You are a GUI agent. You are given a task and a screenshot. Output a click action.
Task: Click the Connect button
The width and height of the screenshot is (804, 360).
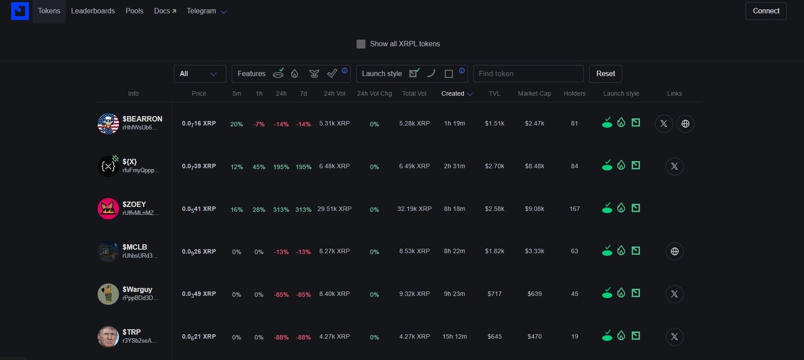[x=765, y=11]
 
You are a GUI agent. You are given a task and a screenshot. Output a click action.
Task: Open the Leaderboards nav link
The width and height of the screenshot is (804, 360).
[x=93, y=11]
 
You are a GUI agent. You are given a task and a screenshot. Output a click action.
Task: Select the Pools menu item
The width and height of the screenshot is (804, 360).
[x=134, y=11]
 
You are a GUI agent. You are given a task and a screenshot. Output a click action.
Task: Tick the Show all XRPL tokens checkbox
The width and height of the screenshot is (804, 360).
[x=361, y=44]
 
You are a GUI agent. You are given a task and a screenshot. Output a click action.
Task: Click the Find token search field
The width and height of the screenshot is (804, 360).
[x=528, y=74]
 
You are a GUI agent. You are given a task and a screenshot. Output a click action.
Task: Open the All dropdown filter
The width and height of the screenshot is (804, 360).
[x=200, y=74]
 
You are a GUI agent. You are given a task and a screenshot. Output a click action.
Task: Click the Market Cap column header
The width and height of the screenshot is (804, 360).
[x=534, y=94]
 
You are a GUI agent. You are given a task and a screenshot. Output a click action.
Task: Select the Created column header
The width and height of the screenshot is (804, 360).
[x=453, y=94]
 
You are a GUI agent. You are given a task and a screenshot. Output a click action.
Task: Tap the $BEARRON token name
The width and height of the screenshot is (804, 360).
[x=142, y=119]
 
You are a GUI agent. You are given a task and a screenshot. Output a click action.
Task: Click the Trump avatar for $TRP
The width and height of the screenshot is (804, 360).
[x=108, y=336]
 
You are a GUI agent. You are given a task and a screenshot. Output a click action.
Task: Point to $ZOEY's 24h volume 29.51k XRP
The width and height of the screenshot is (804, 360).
[x=334, y=209]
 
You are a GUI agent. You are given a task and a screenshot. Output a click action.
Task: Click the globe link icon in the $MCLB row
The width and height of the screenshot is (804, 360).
[x=675, y=252]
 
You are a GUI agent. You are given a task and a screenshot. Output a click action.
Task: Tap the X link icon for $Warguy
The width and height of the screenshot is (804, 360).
[x=675, y=294]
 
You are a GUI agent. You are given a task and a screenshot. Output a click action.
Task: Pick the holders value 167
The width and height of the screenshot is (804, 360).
[x=574, y=209]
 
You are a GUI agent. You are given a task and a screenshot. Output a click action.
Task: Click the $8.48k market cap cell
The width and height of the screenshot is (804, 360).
[x=534, y=166]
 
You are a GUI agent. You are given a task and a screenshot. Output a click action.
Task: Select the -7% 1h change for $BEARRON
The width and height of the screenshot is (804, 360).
[x=259, y=124]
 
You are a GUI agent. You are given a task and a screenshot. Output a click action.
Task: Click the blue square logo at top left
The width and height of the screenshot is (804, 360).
[x=20, y=11]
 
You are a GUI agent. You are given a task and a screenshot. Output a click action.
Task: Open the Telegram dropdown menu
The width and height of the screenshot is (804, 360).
[x=207, y=11]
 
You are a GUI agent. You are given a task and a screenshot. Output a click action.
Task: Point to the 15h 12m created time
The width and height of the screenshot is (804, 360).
[x=454, y=336]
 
